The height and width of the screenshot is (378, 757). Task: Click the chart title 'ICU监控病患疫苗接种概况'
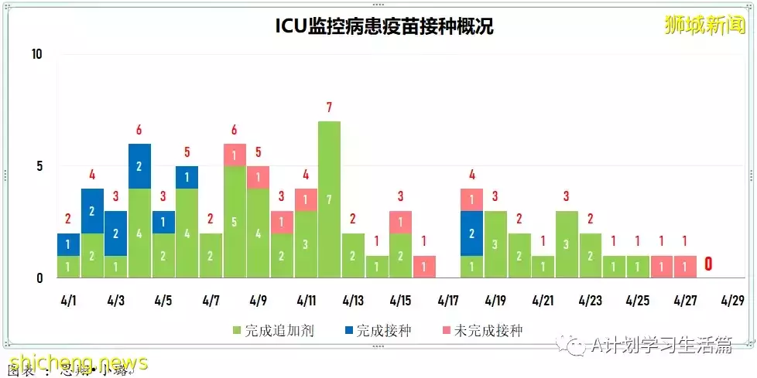[x=384, y=26]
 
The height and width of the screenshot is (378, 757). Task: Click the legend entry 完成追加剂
[x=266, y=331]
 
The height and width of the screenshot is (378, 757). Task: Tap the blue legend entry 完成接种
[x=378, y=331]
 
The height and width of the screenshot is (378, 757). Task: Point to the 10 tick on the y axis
[x=36, y=54]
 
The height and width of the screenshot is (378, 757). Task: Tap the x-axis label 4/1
[x=68, y=300]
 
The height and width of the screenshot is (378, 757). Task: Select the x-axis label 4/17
[x=448, y=300]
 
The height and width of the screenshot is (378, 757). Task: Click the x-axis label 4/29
[x=733, y=300]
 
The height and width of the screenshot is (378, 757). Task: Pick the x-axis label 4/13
[x=353, y=300]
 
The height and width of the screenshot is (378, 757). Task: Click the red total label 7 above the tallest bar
[x=329, y=107]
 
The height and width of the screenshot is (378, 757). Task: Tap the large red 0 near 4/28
[x=708, y=265]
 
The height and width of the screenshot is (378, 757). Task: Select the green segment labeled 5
[x=235, y=222]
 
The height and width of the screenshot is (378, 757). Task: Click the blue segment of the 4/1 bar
[x=68, y=244]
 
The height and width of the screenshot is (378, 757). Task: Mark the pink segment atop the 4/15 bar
[x=400, y=222]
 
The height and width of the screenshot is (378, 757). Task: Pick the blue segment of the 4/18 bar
[x=471, y=233]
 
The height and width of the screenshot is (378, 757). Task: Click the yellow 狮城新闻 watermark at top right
[x=705, y=25]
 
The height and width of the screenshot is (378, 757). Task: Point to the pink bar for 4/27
[x=685, y=267]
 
